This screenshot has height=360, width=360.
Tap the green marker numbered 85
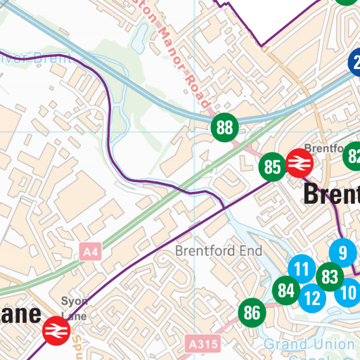point(272,167)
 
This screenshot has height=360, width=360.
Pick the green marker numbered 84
point(285,290)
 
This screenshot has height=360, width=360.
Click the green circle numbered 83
point(329,276)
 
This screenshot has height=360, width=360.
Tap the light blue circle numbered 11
point(302,269)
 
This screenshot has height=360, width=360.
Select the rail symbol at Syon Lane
point(54,330)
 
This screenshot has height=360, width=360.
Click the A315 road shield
point(205,344)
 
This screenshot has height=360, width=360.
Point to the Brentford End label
point(218,251)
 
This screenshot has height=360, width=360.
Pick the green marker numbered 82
point(354,157)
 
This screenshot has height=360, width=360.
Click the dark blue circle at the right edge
point(356,62)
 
